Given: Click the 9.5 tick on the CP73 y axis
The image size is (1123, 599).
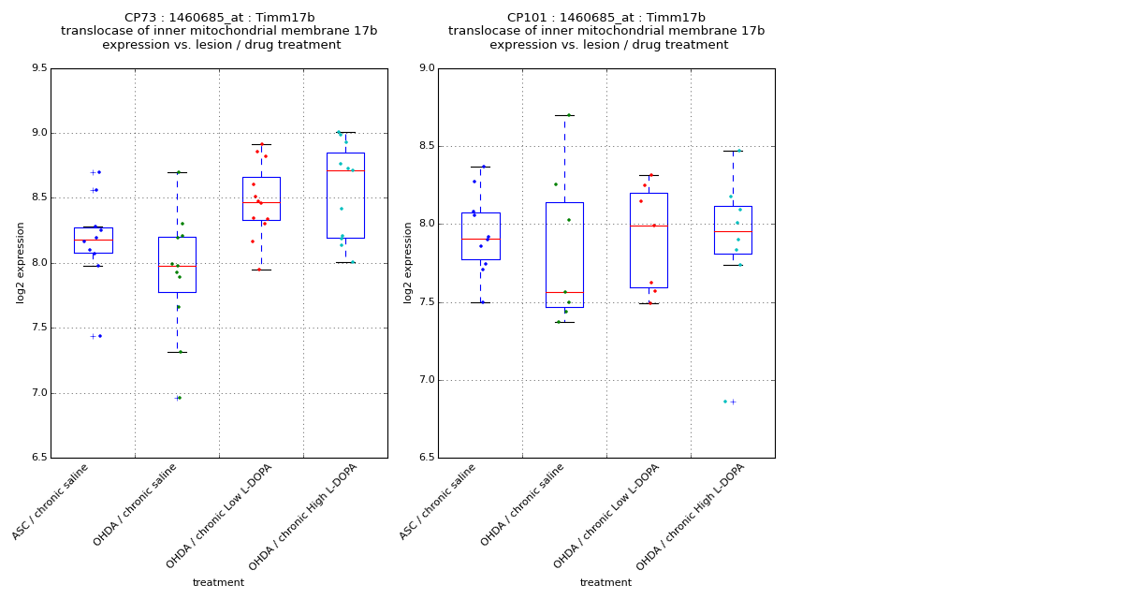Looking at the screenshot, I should click(x=38, y=68).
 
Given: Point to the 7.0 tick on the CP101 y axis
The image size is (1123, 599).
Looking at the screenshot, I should click(x=426, y=380).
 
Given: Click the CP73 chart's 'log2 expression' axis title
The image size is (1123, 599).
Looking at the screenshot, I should click(x=21, y=262).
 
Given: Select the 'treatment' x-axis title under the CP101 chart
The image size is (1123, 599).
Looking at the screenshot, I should click(x=605, y=583).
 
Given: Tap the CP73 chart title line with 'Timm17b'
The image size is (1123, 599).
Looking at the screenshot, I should click(x=220, y=18).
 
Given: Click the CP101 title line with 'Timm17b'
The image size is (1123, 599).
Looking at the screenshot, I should click(x=606, y=18).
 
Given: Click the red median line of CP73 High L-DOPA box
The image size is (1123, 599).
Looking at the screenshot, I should click(x=345, y=170).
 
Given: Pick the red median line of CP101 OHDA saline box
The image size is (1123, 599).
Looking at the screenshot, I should click(x=564, y=292).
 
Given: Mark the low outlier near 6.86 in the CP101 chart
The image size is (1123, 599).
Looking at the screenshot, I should click(x=725, y=402).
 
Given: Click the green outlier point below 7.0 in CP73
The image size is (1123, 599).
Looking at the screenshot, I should click(x=179, y=398).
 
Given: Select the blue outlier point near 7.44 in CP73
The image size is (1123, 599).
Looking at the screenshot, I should click(x=100, y=336).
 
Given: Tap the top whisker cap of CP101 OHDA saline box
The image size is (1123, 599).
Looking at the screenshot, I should click(x=564, y=115).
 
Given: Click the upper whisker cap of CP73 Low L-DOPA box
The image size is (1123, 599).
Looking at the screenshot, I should click(x=261, y=144).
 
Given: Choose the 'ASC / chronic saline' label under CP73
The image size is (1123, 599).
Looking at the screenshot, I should click(x=51, y=502).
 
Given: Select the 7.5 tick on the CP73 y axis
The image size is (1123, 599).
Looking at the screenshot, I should click(x=38, y=328).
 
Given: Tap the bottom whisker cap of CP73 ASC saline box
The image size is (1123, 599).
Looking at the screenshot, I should click(x=93, y=266).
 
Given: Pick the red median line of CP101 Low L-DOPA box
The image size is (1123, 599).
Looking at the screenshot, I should click(x=649, y=226).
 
